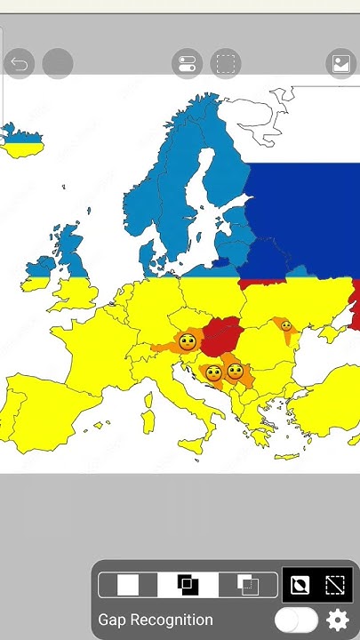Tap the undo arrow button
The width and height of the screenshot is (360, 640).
19,64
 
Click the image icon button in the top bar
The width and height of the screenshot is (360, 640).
340,64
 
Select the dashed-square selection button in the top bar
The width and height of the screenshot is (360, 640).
226,64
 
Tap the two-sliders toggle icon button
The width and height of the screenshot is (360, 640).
187,64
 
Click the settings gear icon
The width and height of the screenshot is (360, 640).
338,620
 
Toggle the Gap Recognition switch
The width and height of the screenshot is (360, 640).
296,620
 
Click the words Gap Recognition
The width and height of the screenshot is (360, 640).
156,620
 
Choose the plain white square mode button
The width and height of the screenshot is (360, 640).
128,584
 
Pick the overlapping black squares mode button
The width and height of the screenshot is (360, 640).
188,584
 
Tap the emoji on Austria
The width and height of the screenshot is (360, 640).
187,341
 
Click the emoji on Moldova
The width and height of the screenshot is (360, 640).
286,326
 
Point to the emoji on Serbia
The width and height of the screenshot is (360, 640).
236,371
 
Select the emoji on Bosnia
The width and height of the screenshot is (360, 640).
213,373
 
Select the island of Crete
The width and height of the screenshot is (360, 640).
286,457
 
